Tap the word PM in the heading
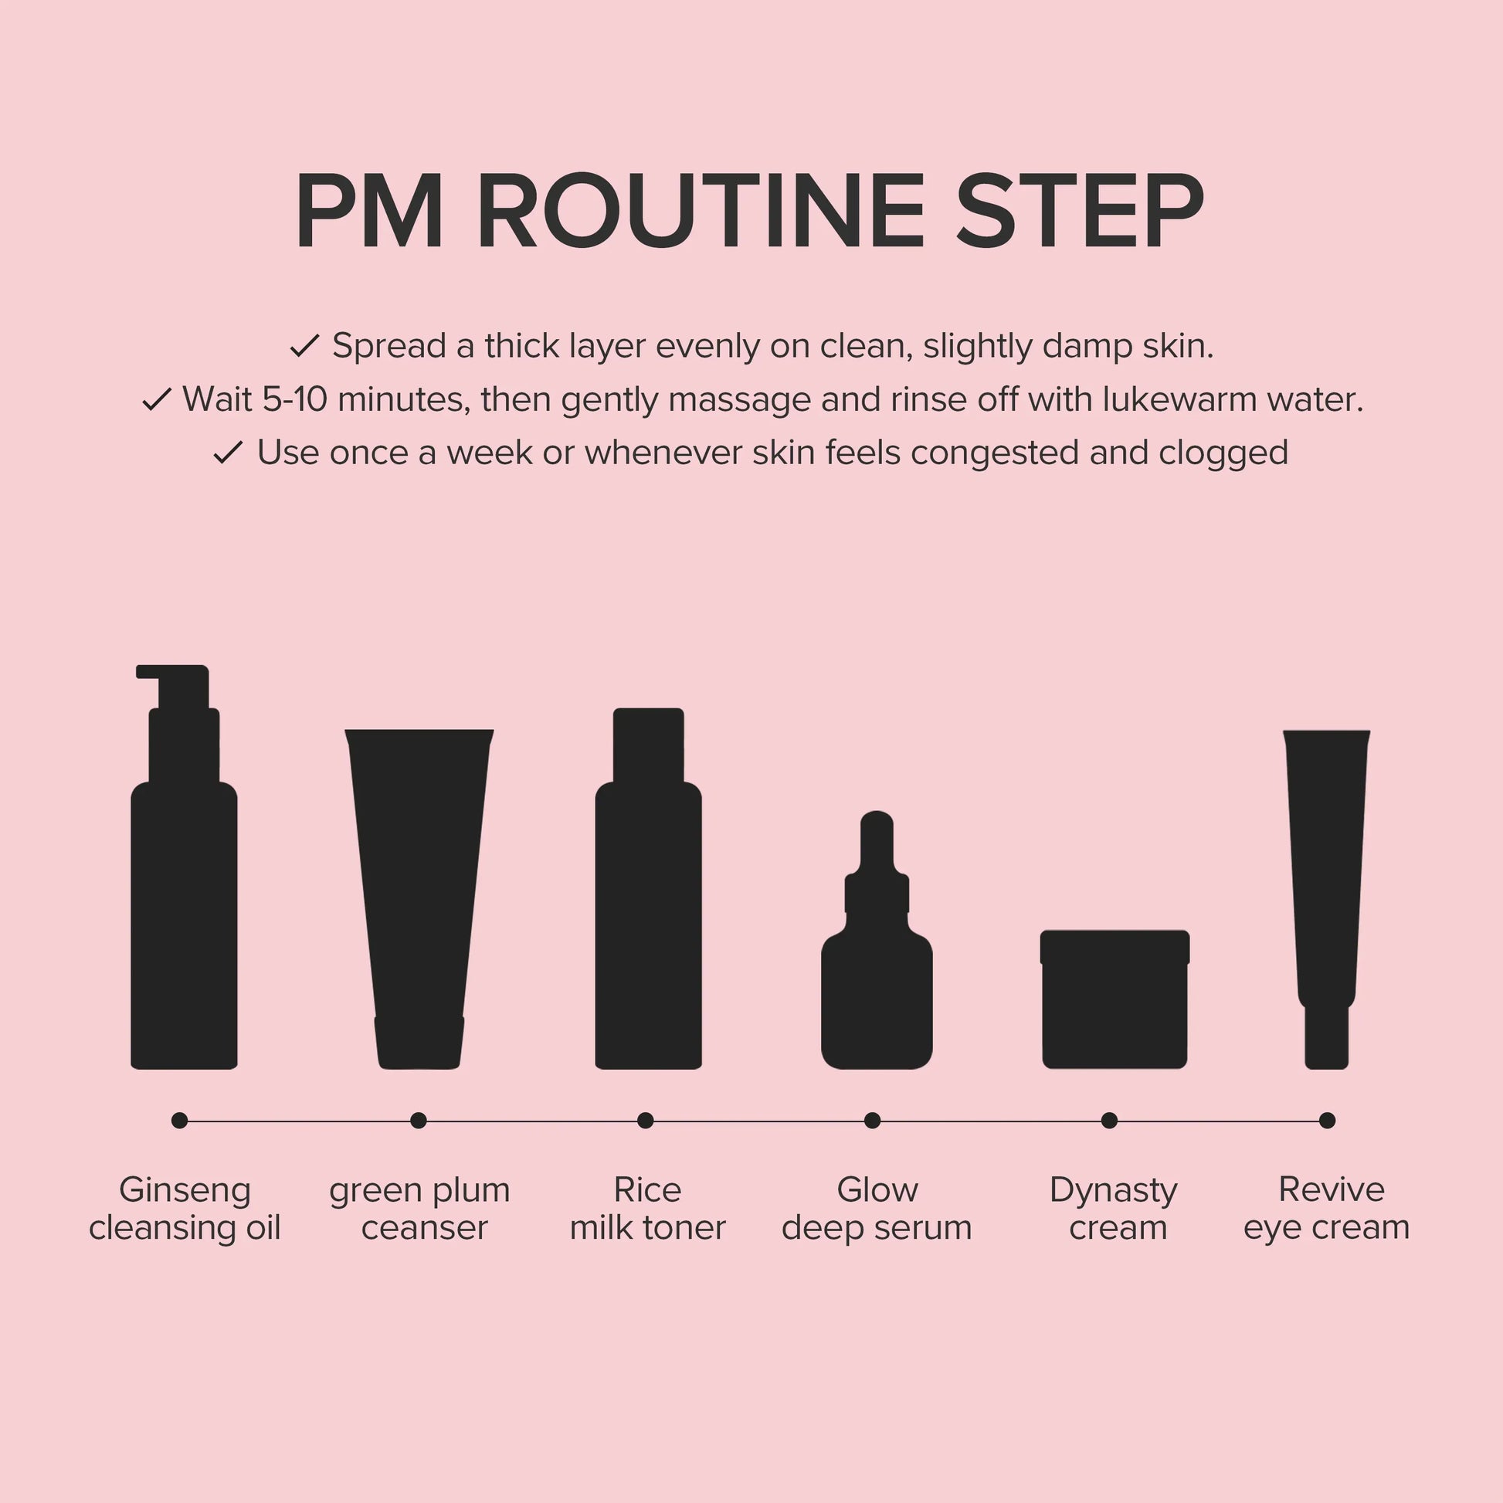369,211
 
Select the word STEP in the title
1081,211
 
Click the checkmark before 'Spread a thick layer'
305,346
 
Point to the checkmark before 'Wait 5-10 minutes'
156,400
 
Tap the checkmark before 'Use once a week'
229,453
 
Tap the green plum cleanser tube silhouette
419,899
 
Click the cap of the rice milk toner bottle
648,745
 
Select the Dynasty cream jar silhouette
1115,999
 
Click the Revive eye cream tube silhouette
1326,899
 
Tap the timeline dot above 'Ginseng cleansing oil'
180,1120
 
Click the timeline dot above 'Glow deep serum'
872,1120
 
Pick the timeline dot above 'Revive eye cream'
1327,1120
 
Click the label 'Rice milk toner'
647,1209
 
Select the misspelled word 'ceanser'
424,1228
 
